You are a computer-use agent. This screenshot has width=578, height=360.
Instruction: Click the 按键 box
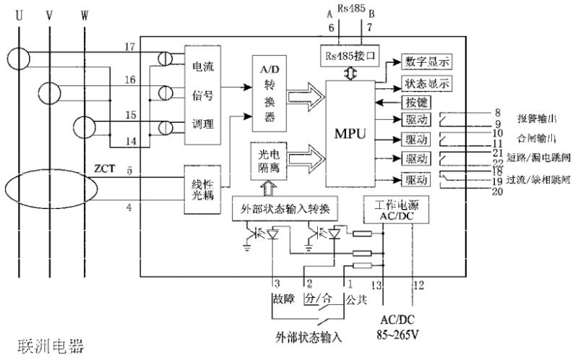(408, 101)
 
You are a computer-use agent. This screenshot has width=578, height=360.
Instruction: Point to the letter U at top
(20, 13)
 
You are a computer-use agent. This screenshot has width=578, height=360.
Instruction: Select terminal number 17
(130, 47)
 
